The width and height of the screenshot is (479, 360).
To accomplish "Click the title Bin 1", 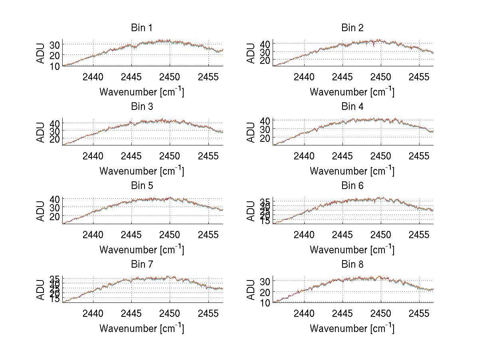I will point(142,28).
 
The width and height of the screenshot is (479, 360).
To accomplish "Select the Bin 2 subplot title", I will point(352,28).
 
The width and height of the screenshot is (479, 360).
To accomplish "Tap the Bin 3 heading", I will point(142,107).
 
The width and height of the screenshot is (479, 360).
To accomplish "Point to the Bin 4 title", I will point(352,107).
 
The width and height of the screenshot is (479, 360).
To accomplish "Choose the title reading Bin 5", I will point(142,186).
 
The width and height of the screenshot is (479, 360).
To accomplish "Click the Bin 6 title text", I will point(352,186).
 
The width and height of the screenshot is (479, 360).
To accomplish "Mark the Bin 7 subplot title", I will point(142,265).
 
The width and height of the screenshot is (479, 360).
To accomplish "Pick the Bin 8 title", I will point(352,265).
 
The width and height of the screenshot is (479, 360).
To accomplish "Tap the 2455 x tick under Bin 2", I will point(419,77).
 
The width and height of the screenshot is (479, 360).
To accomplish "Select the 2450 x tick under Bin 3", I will point(170,155).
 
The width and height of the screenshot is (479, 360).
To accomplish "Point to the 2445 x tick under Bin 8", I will point(342,313).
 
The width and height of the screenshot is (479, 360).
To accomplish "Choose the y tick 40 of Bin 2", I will point(265,43).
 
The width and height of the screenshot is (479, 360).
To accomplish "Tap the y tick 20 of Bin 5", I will point(55,216).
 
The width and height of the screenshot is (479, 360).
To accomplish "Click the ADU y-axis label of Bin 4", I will point(251,132).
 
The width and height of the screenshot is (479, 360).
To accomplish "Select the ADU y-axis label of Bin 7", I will point(41,290).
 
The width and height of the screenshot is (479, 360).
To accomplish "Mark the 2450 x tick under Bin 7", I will point(170,313).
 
